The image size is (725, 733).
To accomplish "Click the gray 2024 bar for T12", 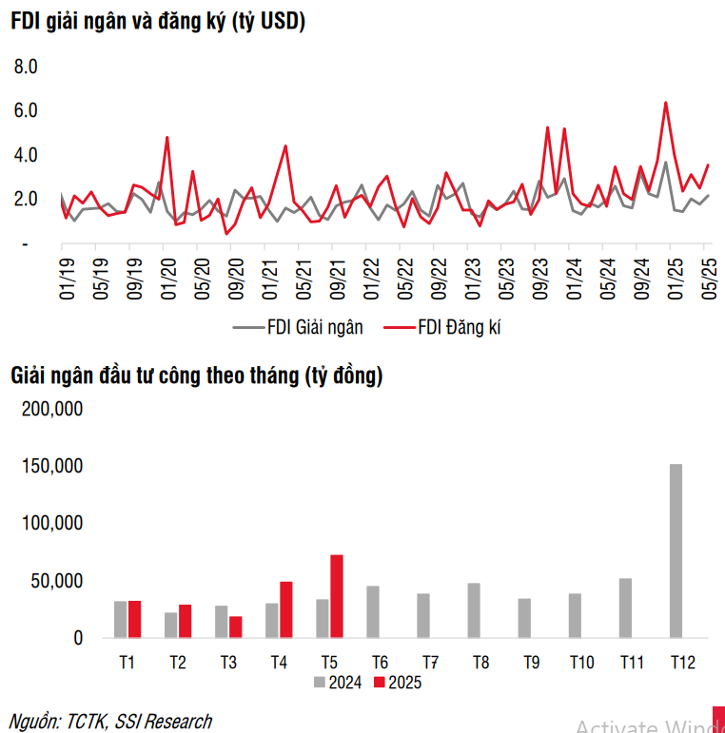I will (676, 550).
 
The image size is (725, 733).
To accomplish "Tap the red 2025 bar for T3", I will (236, 627).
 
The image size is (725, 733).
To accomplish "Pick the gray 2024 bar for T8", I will (474, 609).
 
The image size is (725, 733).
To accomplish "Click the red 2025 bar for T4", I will (286, 609).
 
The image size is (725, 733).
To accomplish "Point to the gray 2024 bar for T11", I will (625, 608).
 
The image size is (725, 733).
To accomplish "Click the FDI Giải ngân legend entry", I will (298, 327).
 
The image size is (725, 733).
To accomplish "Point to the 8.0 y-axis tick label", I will (25, 67).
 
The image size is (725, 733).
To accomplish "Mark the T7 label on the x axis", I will (429, 662).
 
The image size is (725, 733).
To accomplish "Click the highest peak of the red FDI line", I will (666, 103).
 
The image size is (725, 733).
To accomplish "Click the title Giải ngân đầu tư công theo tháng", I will (196, 376).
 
